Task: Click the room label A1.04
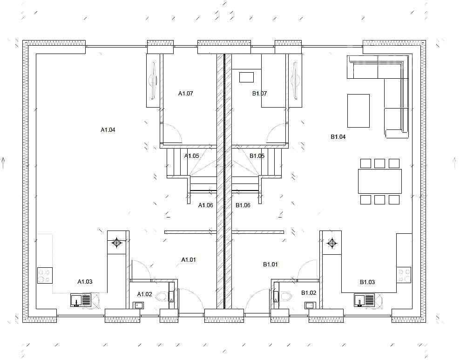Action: (x=108, y=129)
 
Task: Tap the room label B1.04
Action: (x=338, y=136)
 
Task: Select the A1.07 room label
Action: (x=185, y=93)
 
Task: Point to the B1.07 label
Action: (x=259, y=93)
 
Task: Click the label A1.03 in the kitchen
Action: (x=85, y=282)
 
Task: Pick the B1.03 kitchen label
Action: (x=367, y=282)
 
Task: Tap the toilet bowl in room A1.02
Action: (x=162, y=296)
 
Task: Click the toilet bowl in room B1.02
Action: (x=285, y=297)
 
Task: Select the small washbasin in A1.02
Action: (x=138, y=305)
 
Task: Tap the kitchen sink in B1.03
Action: (x=364, y=300)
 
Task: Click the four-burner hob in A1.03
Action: (x=45, y=275)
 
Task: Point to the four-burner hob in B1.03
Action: (x=404, y=275)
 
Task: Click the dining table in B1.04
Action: (x=379, y=181)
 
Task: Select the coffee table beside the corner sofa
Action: (x=358, y=111)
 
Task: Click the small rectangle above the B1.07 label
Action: (x=246, y=77)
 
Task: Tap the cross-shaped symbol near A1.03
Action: (x=117, y=243)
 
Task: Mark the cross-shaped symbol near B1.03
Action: (x=332, y=243)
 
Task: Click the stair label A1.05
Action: (x=191, y=156)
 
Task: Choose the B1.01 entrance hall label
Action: (x=270, y=265)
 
